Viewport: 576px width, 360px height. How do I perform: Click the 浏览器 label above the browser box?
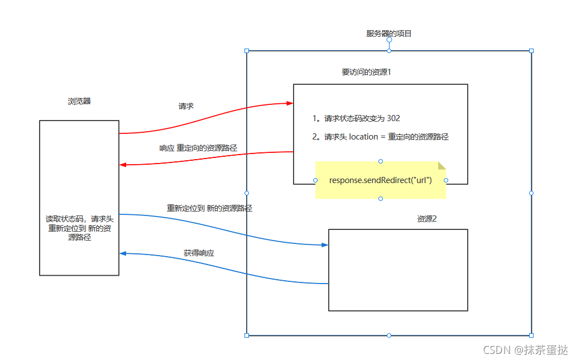pyautogui.click(x=79, y=102)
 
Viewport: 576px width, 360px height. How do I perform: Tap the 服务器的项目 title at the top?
pyautogui.click(x=389, y=33)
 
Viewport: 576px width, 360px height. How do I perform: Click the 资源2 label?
pyautogui.click(x=426, y=219)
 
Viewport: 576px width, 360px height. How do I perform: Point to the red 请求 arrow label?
pyautogui.click(x=186, y=106)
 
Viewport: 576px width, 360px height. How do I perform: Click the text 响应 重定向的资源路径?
pyautogui.click(x=198, y=148)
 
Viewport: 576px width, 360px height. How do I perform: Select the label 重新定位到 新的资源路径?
pyautogui.click(x=209, y=208)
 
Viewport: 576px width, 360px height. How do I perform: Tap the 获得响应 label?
pyautogui.click(x=199, y=253)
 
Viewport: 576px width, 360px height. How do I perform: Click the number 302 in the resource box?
pyautogui.click(x=393, y=118)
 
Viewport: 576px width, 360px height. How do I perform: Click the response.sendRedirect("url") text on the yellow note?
pyautogui.click(x=381, y=180)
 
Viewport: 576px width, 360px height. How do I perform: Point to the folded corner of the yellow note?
pyautogui.click(x=442, y=165)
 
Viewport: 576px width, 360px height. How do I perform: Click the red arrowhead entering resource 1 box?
pyautogui.click(x=290, y=103)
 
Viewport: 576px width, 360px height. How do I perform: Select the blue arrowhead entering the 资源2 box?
pyautogui.click(x=325, y=245)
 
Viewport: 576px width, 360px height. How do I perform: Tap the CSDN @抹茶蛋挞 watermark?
pyautogui.click(x=525, y=350)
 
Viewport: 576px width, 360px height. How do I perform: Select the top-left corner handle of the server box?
pyautogui.click(x=247, y=51)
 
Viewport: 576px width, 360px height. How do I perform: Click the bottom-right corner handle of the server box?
pyautogui.click(x=531, y=335)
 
